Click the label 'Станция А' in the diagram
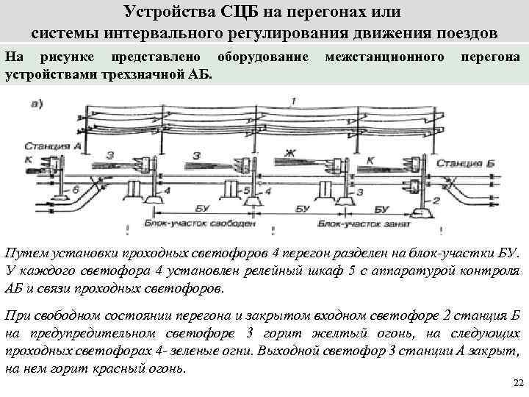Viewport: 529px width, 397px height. pos(57,146)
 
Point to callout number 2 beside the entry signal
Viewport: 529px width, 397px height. pos(436,200)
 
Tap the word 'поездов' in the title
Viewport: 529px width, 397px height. pos(466,33)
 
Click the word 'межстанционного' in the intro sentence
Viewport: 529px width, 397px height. pos(385,57)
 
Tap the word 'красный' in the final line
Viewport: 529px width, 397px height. pos(110,367)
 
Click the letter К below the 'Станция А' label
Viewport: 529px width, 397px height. pos(29,158)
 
